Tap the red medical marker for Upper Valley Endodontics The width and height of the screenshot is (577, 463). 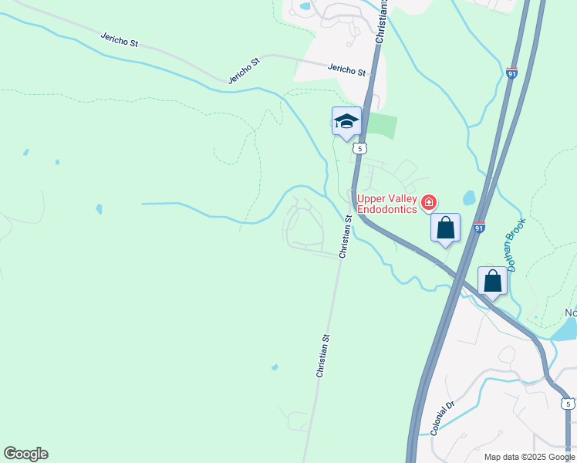(x=429, y=203)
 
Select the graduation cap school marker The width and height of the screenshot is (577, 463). (x=346, y=121)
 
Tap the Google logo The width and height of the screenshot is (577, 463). (x=25, y=454)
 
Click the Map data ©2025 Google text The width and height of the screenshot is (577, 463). (x=530, y=457)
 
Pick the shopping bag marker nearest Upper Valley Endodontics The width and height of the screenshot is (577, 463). (x=445, y=228)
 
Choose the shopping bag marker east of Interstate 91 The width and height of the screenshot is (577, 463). (x=493, y=282)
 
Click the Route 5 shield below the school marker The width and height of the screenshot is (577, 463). (x=359, y=147)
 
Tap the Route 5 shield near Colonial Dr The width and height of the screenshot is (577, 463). (x=568, y=404)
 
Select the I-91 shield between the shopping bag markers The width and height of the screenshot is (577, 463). (x=479, y=228)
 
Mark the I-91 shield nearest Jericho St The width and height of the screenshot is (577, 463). (x=512, y=73)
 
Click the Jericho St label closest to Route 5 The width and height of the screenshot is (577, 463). (x=346, y=69)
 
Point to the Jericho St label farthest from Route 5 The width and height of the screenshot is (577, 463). (x=119, y=39)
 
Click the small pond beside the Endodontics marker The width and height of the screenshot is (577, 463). (x=469, y=197)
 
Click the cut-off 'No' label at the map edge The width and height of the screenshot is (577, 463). (x=571, y=313)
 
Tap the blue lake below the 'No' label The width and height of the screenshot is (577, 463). (x=566, y=330)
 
